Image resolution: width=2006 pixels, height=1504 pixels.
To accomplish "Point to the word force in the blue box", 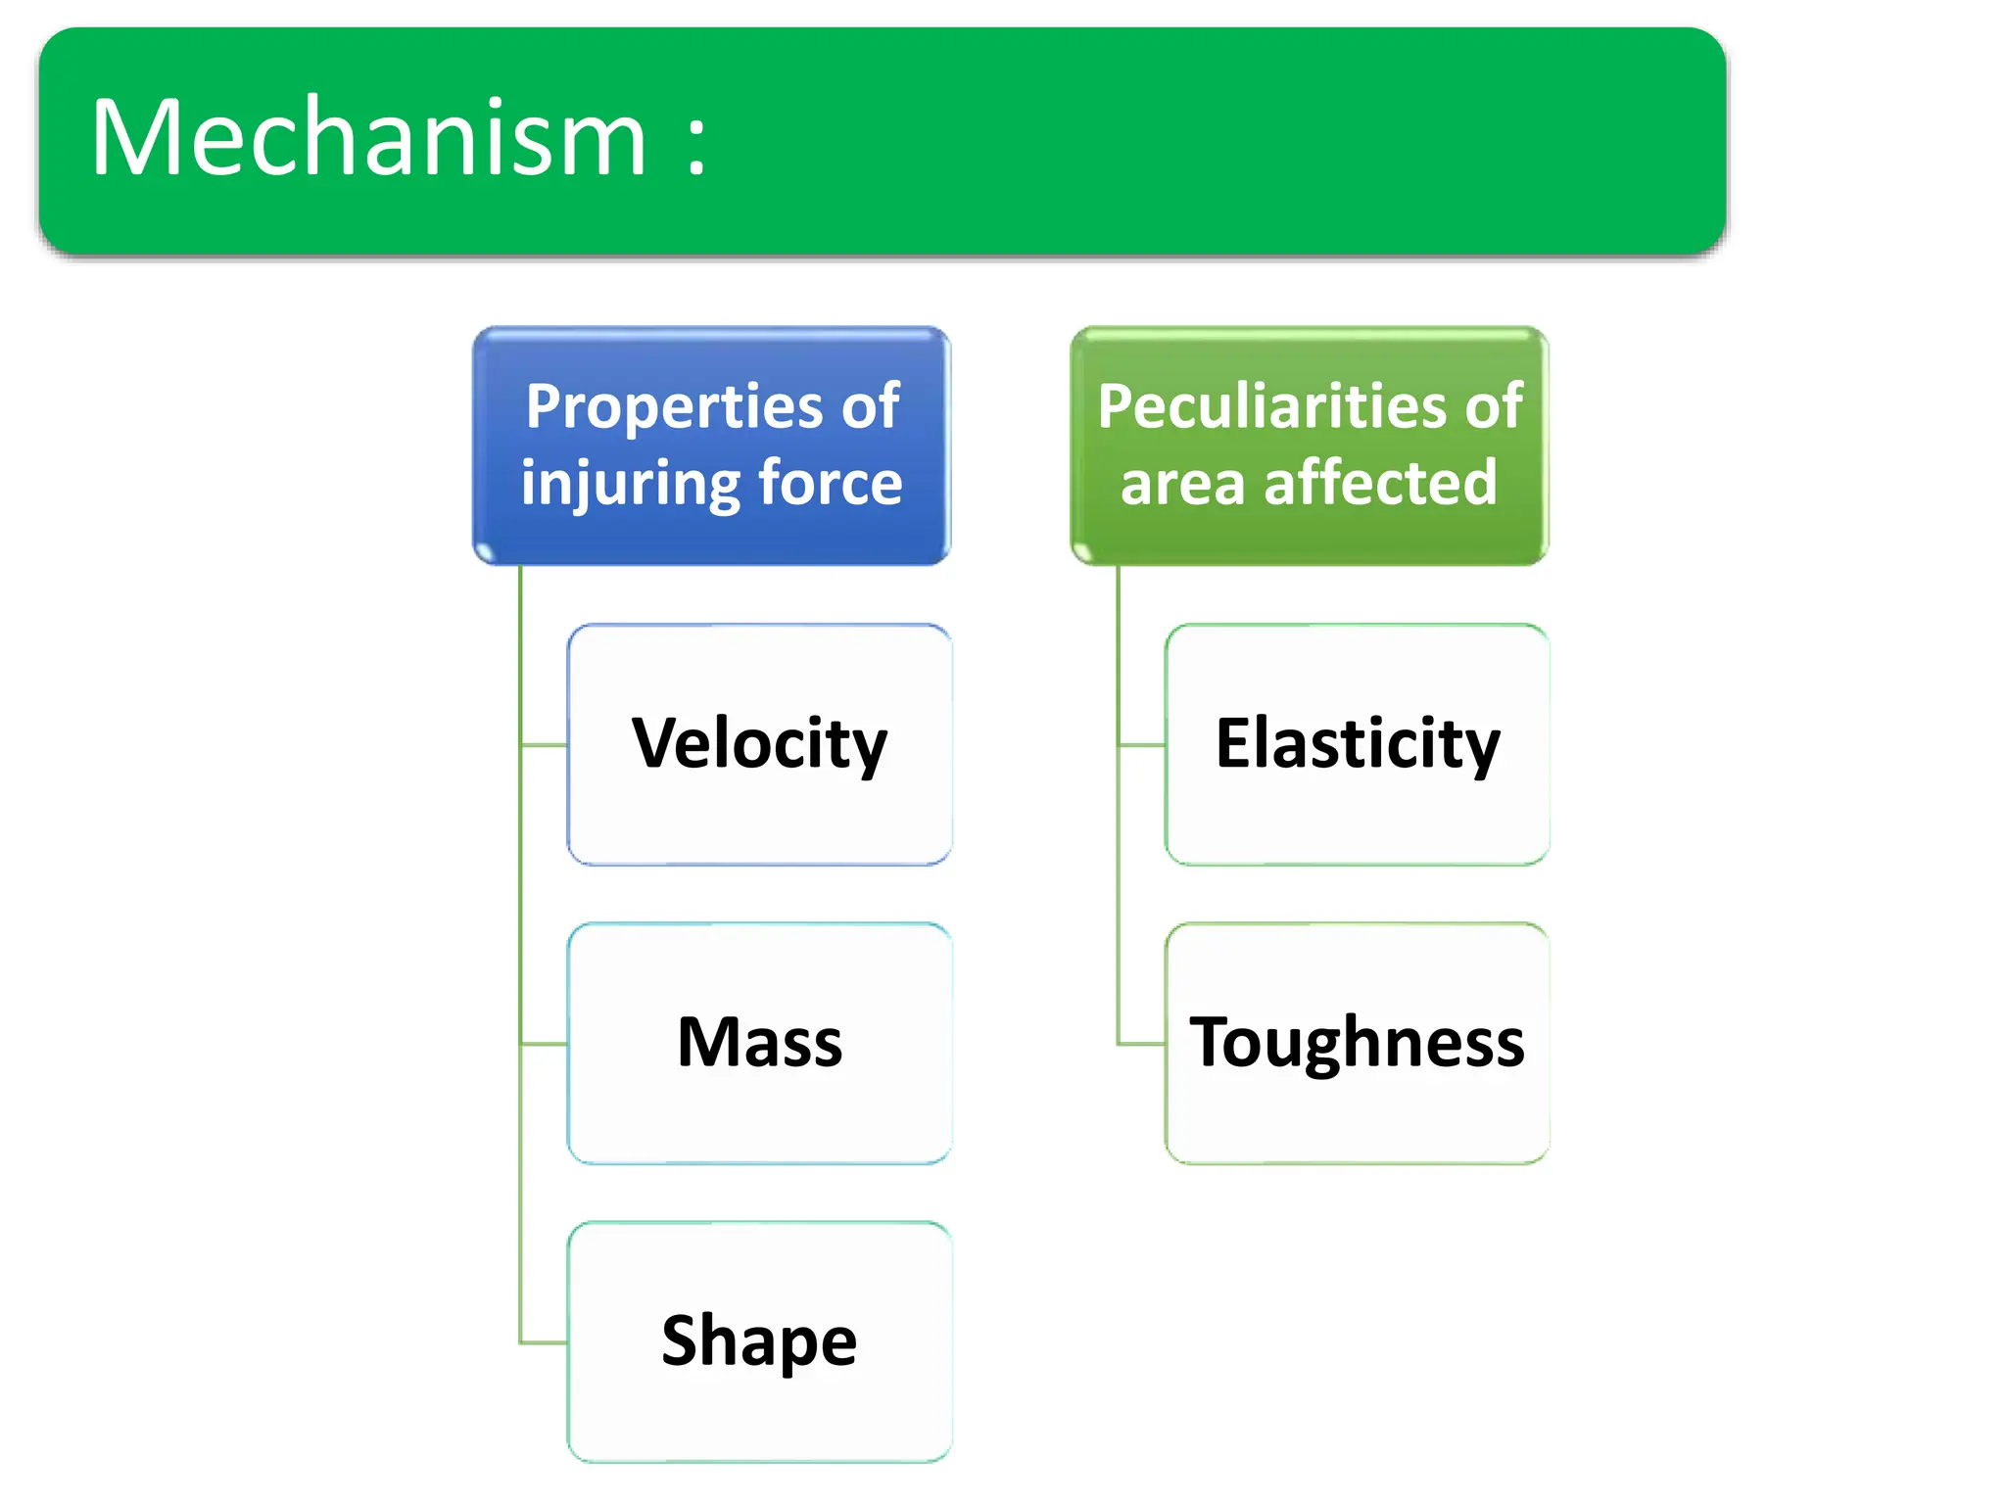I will coord(830,483).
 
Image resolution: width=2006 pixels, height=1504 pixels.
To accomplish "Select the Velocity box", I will coord(759,744).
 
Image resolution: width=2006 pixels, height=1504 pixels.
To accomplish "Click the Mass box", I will coord(759,1043).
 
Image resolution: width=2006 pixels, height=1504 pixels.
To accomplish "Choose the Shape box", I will coord(759,1341).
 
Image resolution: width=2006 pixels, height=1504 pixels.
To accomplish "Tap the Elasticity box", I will coord(1357,744).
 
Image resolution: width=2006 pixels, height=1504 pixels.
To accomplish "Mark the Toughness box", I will coord(1357,1043).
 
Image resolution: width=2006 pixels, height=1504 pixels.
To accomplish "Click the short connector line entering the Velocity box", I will coord(545,745).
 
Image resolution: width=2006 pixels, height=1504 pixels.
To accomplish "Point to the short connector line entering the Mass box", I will coord(545,1044).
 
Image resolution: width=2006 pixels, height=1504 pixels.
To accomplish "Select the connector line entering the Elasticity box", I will coord(1142,745).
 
